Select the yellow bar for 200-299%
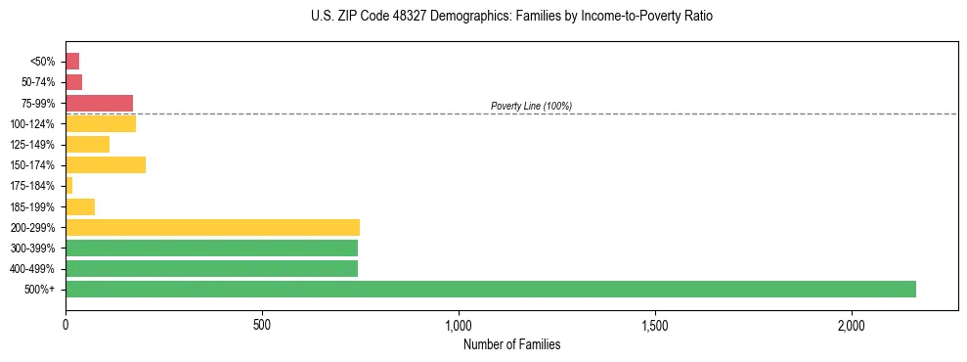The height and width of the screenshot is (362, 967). [212, 227]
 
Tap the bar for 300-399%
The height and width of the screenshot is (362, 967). [211, 248]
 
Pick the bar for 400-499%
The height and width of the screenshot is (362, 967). [211, 269]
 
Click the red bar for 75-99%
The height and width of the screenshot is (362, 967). [99, 103]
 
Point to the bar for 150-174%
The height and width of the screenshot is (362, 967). [106, 165]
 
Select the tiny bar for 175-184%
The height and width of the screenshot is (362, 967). [69, 186]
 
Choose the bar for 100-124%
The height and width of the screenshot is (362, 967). [101, 123]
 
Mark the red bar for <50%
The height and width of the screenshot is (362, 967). [72, 61]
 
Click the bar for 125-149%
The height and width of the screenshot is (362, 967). [87, 145]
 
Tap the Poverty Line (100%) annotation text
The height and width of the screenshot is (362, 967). [531, 106]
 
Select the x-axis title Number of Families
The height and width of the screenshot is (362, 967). [511, 345]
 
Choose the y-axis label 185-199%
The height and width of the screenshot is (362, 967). [32, 206]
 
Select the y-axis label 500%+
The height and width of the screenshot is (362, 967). [40, 290]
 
